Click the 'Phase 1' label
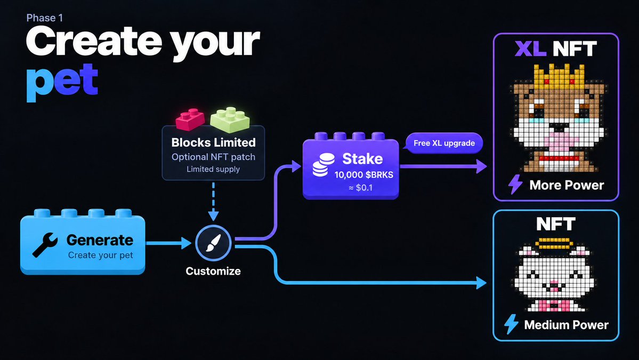[x=44, y=18]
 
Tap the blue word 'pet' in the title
[x=62, y=82]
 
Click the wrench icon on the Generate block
[x=45, y=244]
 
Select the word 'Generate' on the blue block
[x=100, y=240]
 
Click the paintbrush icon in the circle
[x=214, y=243]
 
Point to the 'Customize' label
[x=213, y=271]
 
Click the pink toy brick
[x=190, y=119]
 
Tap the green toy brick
[x=230, y=119]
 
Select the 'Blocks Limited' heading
[x=214, y=142]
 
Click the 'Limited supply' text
[x=213, y=169]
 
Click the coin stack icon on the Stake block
[x=323, y=165]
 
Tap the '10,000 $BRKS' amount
[x=364, y=175]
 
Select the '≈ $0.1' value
[x=361, y=188]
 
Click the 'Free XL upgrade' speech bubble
[x=444, y=143]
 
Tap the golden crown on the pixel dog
[x=557, y=76]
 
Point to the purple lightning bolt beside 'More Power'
[x=515, y=184]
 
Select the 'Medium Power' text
[x=566, y=325]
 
